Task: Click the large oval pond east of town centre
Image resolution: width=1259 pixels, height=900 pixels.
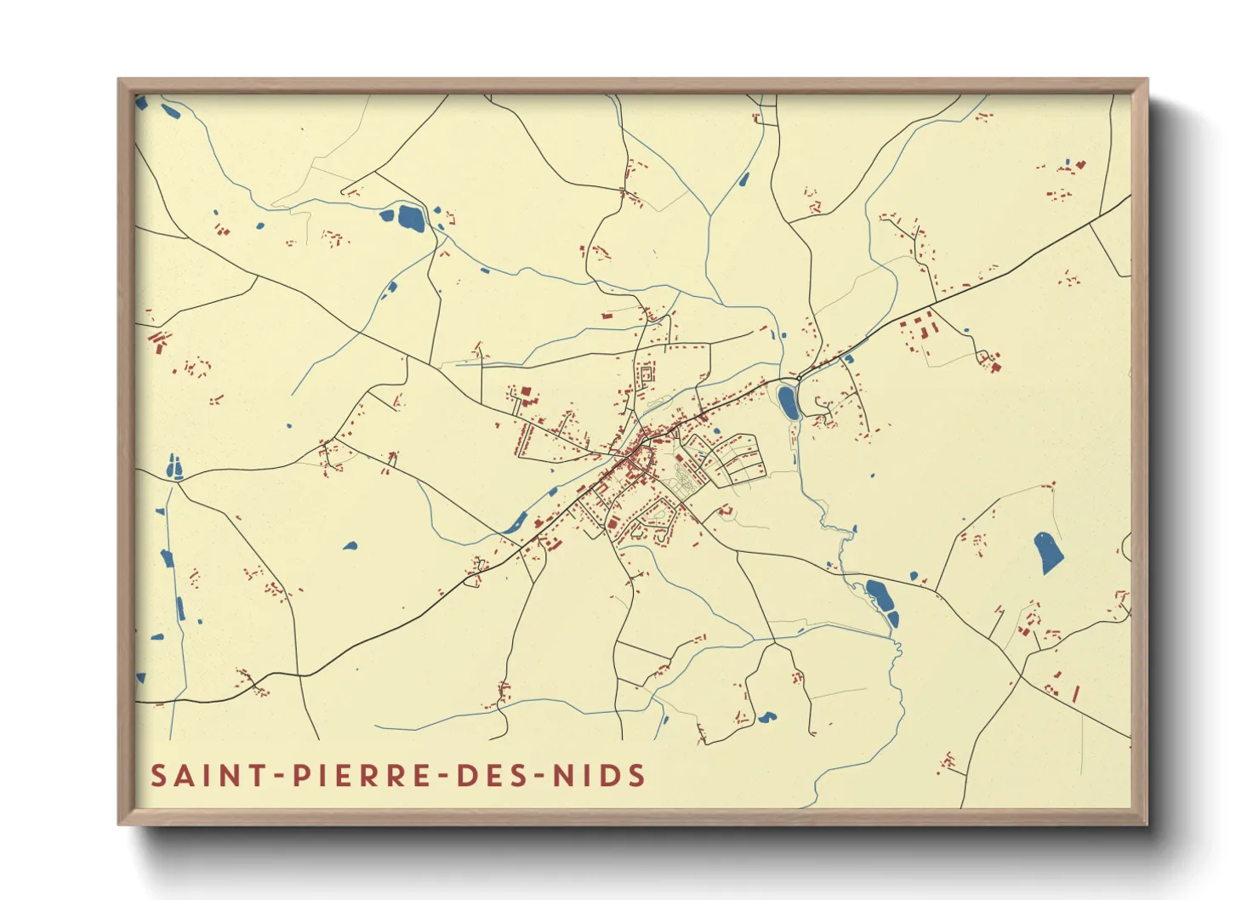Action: click(x=788, y=402)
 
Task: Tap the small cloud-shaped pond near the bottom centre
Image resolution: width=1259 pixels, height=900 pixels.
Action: click(x=766, y=717)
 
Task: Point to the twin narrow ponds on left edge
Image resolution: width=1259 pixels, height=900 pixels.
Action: click(x=174, y=467)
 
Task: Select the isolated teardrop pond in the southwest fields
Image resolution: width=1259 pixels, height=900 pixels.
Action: click(x=350, y=545)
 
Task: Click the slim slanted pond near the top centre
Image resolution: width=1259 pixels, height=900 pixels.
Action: click(x=744, y=179)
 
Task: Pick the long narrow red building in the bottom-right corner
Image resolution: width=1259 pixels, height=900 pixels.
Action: click(x=1075, y=693)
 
